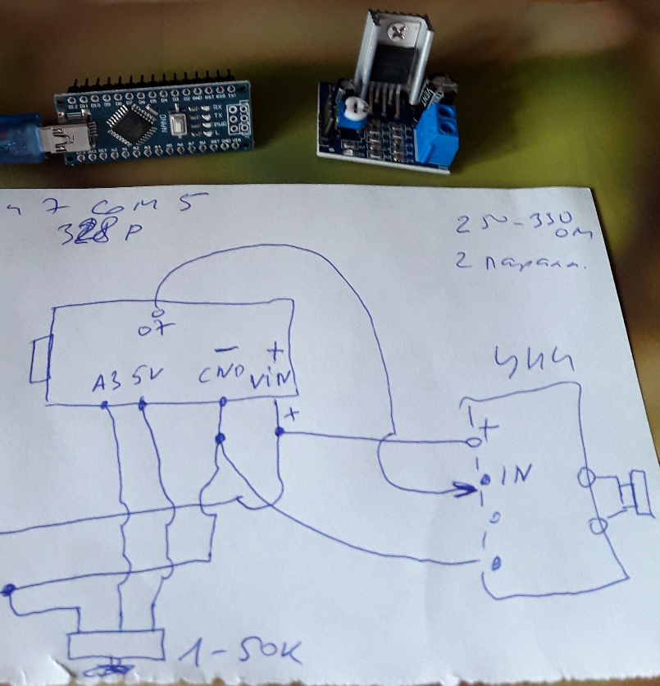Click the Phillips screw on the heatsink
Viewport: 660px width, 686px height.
coord(398,32)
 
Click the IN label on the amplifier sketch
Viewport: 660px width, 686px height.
coord(513,473)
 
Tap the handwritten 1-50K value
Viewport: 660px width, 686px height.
coord(237,652)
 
